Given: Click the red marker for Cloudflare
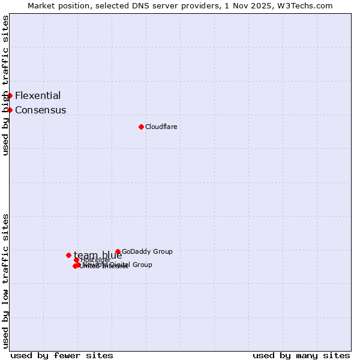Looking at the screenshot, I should click(x=141, y=127).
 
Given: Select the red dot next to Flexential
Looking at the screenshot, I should click(x=10, y=95).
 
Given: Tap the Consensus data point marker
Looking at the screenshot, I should click(x=10, y=110).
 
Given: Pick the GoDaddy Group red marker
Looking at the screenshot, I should click(x=118, y=251).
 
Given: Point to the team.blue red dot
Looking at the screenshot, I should click(x=68, y=255).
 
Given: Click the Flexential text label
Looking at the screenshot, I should click(x=38, y=95).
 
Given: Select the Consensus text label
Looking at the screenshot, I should click(x=40, y=110).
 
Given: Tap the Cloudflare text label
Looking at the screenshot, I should click(x=161, y=127).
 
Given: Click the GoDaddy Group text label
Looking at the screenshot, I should click(x=147, y=251).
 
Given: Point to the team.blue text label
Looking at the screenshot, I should click(x=97, y=255).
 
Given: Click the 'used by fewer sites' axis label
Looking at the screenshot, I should click(x=62, y=356).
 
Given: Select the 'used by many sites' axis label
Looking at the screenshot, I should click(x=301, y=356).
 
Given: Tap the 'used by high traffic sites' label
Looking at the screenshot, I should click(x=6, y=85).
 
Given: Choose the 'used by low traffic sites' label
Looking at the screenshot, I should click(x=6, y=281).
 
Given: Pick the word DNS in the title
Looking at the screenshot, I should click(x=145, y=5).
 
